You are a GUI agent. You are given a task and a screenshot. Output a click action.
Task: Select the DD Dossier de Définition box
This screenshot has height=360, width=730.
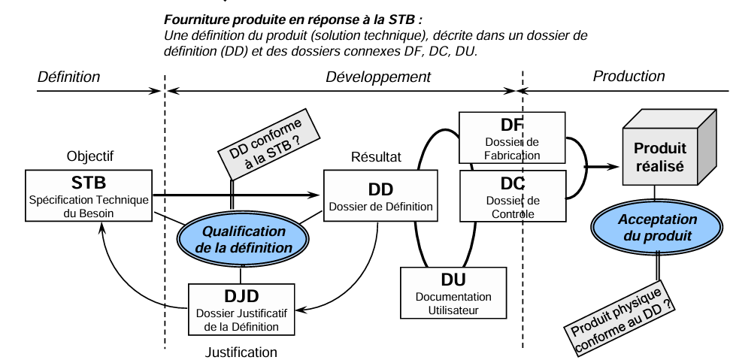tap(380, 195)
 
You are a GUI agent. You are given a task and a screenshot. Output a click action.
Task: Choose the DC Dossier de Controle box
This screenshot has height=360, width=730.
tap(512, 196)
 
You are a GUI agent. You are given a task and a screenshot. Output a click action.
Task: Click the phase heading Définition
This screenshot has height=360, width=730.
tap(68, 77)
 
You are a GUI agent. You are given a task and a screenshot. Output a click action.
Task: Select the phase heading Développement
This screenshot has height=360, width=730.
tap(378, 77)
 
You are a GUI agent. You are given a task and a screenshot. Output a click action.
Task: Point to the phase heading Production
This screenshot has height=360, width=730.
tap(629, 76)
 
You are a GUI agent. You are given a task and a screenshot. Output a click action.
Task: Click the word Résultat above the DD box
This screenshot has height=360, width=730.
tap(376, 157)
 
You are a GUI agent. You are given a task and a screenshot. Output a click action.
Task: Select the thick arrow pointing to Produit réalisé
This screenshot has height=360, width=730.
tap(597, 166)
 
